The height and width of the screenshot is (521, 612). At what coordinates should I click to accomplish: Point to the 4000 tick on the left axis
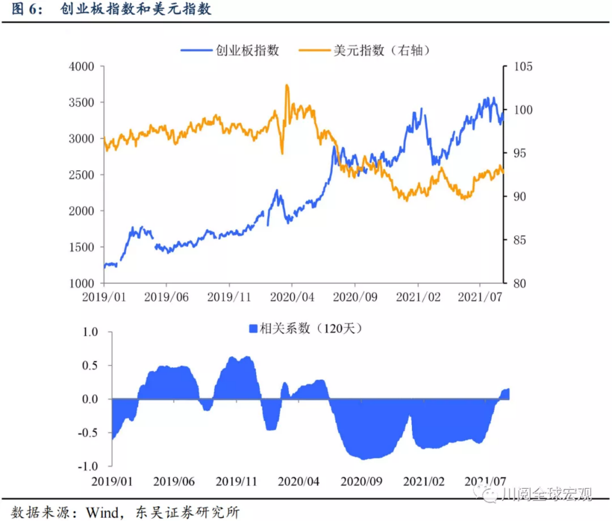(x=82, y=67)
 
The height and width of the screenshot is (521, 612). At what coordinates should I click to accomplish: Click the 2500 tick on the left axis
(x=82, y=175)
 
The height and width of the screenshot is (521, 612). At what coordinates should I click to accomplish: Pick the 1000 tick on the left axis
(x=82, y=283)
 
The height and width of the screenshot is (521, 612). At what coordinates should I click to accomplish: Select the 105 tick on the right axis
(x=523, y=67)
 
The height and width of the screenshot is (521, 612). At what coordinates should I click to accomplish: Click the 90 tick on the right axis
(x=520, y=197)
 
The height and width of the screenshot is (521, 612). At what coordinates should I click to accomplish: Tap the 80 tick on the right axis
(x=520, y=283)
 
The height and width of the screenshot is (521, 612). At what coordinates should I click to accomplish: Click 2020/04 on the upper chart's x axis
(x=292, y=297)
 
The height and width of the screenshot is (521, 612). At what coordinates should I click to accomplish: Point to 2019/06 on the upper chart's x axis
(x=166, y=297)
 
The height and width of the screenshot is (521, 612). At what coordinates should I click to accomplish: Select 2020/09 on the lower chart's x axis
(x=361, y=481)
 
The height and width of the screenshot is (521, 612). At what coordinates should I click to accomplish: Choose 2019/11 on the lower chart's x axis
(x=236, y=481)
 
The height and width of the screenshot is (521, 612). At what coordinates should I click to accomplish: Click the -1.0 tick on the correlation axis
(x=88, y=466)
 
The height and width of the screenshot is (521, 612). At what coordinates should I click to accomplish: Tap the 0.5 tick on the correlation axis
(x=90, y=365)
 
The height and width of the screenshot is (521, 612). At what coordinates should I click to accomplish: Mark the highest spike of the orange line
(x=287, y=86)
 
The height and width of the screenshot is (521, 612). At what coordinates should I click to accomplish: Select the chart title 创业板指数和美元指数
(x=136, y=9)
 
